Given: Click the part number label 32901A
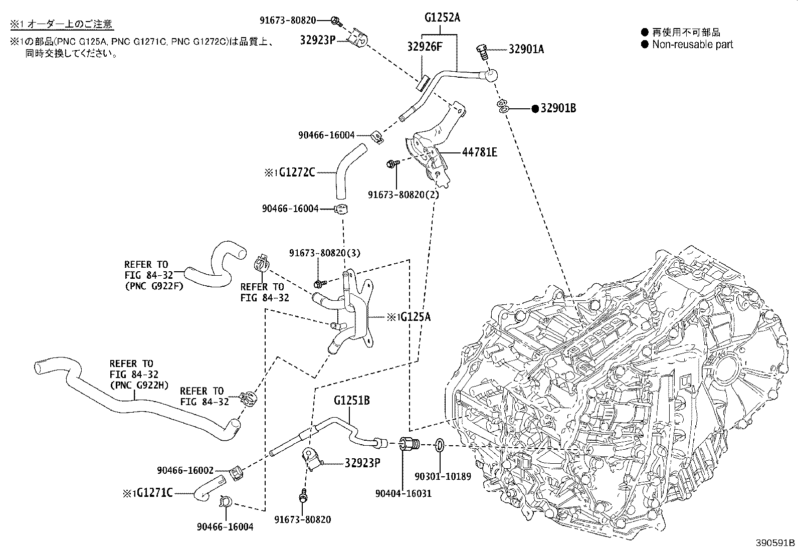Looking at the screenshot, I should click(526, 49).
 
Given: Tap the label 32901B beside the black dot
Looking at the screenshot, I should click(558, 108).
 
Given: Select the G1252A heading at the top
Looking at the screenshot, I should click(442, 18).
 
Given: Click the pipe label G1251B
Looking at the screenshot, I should click(352, 401).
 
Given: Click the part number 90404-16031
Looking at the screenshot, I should click(403, 493).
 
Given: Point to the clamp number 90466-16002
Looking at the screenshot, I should click(185, 470).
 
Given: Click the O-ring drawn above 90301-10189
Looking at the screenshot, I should click(439, 444).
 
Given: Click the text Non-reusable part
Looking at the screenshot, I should click(692, 44).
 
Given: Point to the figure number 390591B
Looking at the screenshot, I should click(775, 542).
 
